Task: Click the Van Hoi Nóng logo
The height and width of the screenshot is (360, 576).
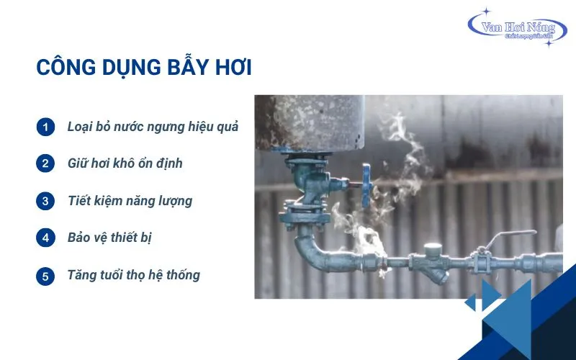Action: coord(517,28)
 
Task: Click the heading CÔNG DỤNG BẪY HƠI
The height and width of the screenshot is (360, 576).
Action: coord(144,67)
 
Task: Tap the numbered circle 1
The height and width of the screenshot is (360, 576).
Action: coord(45,127)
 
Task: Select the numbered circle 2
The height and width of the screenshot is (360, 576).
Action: coord(45,163)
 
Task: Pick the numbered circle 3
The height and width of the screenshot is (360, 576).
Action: coord(45,202)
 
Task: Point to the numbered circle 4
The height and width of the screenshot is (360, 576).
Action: coord(45,238)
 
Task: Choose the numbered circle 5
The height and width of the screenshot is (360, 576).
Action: coord(45,276)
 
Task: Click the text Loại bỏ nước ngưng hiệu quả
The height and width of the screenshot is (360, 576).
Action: coord(153,127)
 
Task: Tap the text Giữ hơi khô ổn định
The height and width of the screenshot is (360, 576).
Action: coord(125,163)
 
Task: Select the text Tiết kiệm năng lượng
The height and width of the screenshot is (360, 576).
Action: coord(130,202)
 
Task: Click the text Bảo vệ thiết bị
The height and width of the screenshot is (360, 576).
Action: coord(109,238)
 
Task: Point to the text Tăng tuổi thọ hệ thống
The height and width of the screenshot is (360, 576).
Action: coord(134,276)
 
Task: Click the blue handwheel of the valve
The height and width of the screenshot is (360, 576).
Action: coord(366,186)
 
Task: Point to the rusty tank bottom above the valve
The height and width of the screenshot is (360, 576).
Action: coord(310,123)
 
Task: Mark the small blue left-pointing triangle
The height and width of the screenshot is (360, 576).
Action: coord(470,302)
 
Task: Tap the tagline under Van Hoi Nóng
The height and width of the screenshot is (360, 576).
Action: coord(529,37)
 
